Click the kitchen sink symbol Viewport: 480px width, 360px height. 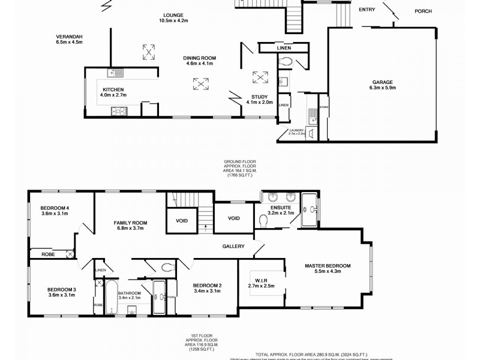[113, 73]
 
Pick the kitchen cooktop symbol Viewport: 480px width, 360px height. [118, 110]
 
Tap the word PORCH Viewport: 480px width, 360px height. [424, 11]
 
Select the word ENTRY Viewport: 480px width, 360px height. [367, 10]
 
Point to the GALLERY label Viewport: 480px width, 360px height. [233, 246]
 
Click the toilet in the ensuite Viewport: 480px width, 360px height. [262, 221]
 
